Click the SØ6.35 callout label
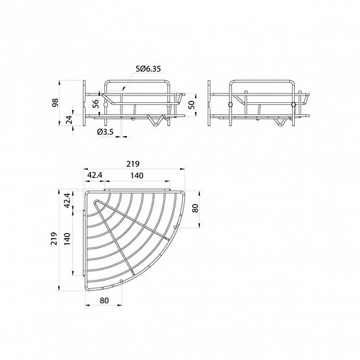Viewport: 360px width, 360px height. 148,69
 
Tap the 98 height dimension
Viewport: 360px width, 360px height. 55,103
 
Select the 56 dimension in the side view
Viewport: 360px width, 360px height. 96,103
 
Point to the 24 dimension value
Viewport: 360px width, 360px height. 69,120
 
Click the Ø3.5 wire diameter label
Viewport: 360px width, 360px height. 105,132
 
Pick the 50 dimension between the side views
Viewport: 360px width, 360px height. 191,104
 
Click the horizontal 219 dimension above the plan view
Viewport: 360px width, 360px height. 133,164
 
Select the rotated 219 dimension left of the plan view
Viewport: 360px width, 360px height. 54,239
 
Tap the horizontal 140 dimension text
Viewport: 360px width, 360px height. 137,176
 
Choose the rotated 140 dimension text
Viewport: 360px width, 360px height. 67,239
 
